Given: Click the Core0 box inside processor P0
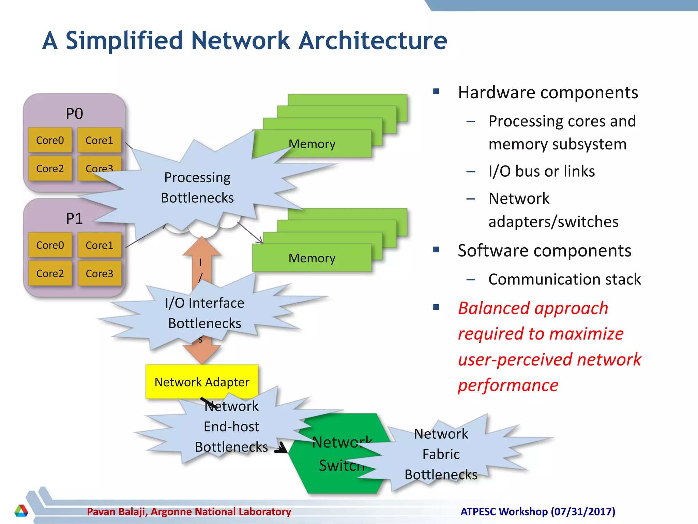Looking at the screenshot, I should click(x=50, y=140).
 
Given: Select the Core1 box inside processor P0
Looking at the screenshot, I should click(x=99, y=140).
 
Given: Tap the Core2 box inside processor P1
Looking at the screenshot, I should click(x=50, y=273).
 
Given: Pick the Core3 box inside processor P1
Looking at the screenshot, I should click(x=99, y=273).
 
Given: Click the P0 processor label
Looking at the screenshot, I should click(x=74, y=114).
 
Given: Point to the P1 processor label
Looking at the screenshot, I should click(x=74, y=218).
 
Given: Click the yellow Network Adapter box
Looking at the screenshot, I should click(x=202, y=382).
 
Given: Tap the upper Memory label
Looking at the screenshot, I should click(x=312, y=144).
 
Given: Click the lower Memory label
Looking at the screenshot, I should click(x=312, y=258).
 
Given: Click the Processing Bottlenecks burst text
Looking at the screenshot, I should click(x=197, y=188).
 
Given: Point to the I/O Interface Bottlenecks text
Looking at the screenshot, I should click(x=204, y=313).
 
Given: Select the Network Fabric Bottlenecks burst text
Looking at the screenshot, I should click(x=441, y=454).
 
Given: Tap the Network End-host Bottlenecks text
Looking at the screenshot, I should click(x=231, y=426).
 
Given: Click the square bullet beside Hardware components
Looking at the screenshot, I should click(x=436, y=91).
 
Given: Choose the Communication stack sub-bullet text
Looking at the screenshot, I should click(x=564, y=279).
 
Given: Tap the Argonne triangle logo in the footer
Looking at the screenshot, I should click(x=21, y=511).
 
